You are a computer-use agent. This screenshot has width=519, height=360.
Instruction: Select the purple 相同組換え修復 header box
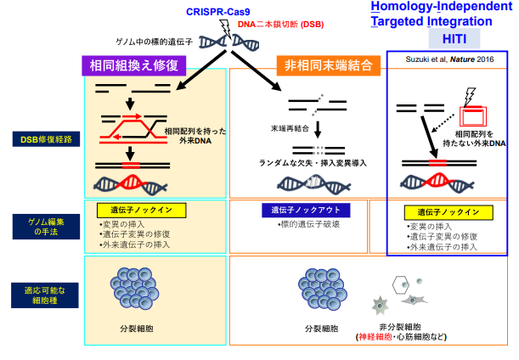(136, 64)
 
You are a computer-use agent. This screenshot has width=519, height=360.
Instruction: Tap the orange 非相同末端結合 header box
(327, 64)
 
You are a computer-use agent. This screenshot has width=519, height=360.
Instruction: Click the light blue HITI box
(448, 39)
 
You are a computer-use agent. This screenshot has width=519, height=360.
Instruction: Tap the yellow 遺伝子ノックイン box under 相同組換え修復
(136, 210)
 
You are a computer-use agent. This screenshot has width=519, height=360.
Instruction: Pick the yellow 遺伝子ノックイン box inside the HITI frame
(448, 212)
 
